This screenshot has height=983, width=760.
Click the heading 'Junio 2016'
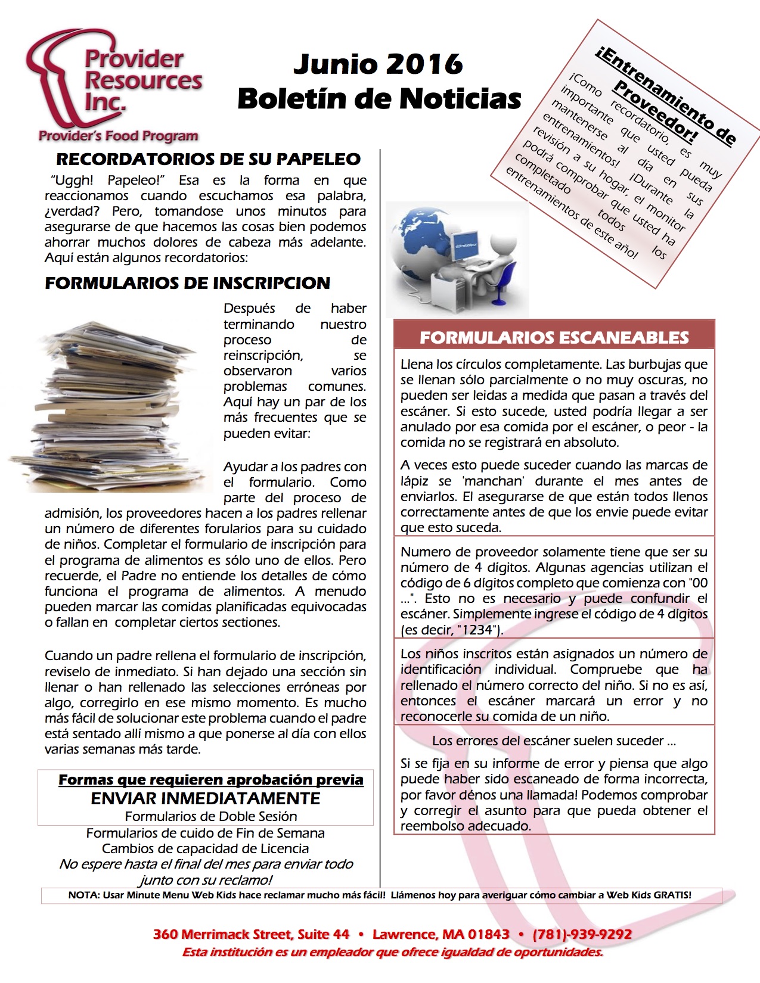coord(378,64)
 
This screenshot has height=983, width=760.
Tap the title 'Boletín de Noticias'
coord(379,99)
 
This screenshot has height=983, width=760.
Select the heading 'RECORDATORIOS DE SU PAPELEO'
coord(208,159)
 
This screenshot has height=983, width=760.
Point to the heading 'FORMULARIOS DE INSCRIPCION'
coord(187,283)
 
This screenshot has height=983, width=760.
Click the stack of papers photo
coord(110,405)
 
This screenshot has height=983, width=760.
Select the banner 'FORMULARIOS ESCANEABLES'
coord(554,337)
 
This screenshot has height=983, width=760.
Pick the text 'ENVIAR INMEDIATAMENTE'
coord(205,798)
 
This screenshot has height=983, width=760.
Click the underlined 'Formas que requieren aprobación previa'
coord(210,780)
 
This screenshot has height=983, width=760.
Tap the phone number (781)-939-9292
coord(582,934)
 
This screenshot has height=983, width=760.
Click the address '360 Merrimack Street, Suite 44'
coord(251,934)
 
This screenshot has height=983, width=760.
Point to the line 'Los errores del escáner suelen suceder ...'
coord(554,741)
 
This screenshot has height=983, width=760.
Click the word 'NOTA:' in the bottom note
coord(84,895)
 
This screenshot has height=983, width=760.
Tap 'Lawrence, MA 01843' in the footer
coord(441,934)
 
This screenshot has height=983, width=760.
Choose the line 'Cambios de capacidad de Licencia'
coord(205,848)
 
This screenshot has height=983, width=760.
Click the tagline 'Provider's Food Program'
coord(118,136)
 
